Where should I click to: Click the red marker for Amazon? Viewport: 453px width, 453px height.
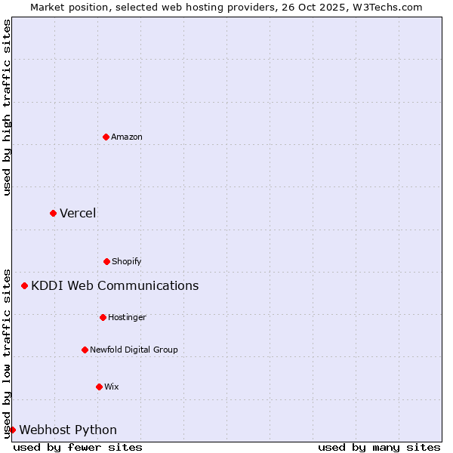(106, 137)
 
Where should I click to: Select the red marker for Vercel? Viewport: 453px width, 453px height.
(53, 213)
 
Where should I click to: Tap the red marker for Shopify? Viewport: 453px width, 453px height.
(106, 261)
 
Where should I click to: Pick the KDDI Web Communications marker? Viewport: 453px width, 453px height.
(25, 285)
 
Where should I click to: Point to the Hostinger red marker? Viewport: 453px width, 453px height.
(103, 317)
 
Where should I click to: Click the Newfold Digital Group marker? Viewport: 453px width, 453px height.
(85, 350)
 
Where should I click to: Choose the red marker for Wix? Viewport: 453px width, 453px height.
(99, 387)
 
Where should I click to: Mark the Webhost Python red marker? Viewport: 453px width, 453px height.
(12, 430)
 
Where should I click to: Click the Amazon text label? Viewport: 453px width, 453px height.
(127, 137)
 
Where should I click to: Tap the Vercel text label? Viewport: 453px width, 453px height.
(78, 213)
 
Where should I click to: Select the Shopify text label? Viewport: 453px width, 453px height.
(127, 261)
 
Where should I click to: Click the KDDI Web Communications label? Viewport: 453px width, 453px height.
(115, 285)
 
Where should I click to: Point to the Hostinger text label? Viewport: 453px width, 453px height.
(127, 317)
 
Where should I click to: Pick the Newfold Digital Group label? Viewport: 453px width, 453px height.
(134, 350)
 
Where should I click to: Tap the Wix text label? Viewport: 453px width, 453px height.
(112, 387)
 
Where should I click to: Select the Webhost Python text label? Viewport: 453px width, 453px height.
(68, 430)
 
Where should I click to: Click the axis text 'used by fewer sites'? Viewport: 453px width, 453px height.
(78, 447)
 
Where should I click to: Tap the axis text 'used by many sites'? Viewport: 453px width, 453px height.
(379, 447)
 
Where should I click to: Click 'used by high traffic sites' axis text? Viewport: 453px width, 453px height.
(7, 107)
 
